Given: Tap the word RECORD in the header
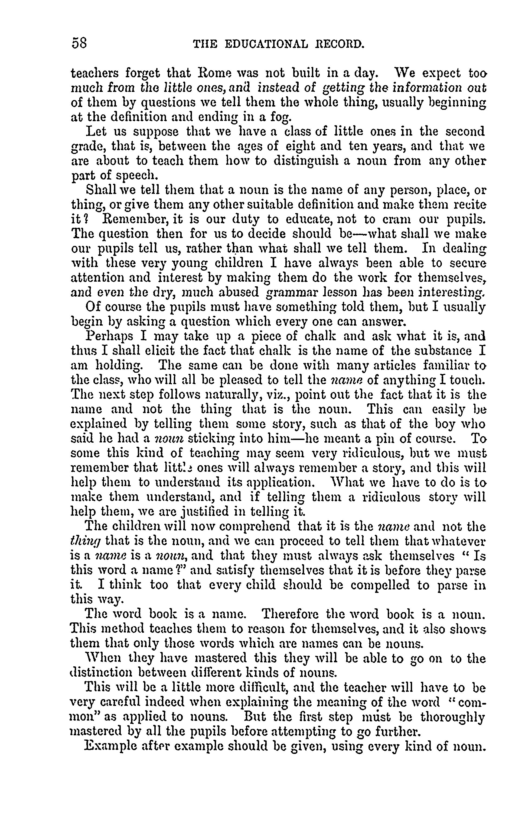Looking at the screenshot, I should click(x=338, y=44).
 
